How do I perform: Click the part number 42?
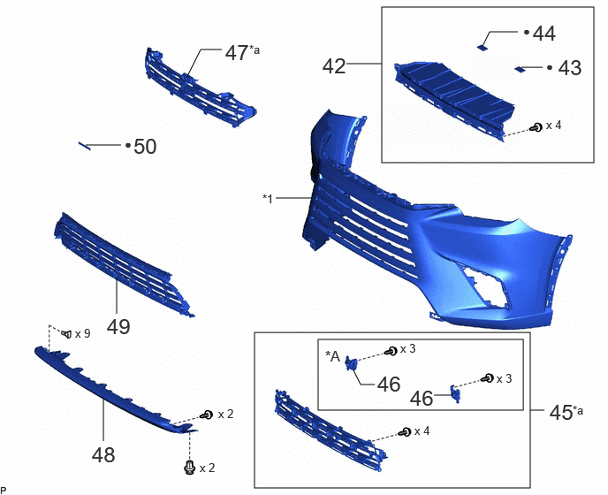point(334,66)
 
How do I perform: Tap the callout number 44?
point(544,34)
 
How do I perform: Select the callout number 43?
point(570,68)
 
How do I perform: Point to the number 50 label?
point(145,147)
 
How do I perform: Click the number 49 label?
point(118,327)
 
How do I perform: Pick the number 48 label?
point(103,454)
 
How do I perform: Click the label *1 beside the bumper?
point(268,199)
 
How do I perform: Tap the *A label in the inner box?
point(332,356)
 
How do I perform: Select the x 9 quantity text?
point(82,333)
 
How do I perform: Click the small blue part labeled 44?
point(482,48)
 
